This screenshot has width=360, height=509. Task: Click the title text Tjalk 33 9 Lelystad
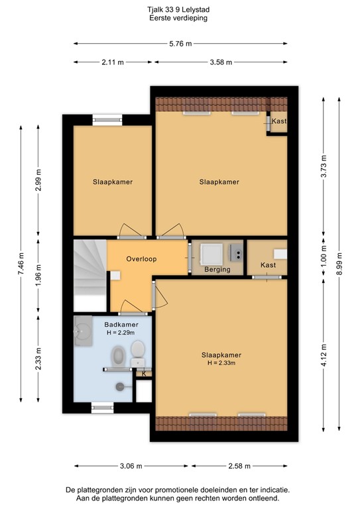point(180,11)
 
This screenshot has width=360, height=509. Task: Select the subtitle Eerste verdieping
point(180,19)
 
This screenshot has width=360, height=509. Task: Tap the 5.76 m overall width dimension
point(180,44)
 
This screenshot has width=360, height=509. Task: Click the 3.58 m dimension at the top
point(221,62)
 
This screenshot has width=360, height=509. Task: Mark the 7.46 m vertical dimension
point(21,264)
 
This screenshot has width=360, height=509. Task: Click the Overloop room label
point(141,259)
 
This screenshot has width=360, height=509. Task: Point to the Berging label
point(217,270)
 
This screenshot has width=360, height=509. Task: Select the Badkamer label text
point(121,324)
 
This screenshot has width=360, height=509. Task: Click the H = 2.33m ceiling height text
point(221,363)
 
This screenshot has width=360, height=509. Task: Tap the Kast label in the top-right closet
point(279,122)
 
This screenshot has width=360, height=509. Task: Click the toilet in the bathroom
point(138,349)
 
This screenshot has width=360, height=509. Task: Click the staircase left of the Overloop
point(90,275)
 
